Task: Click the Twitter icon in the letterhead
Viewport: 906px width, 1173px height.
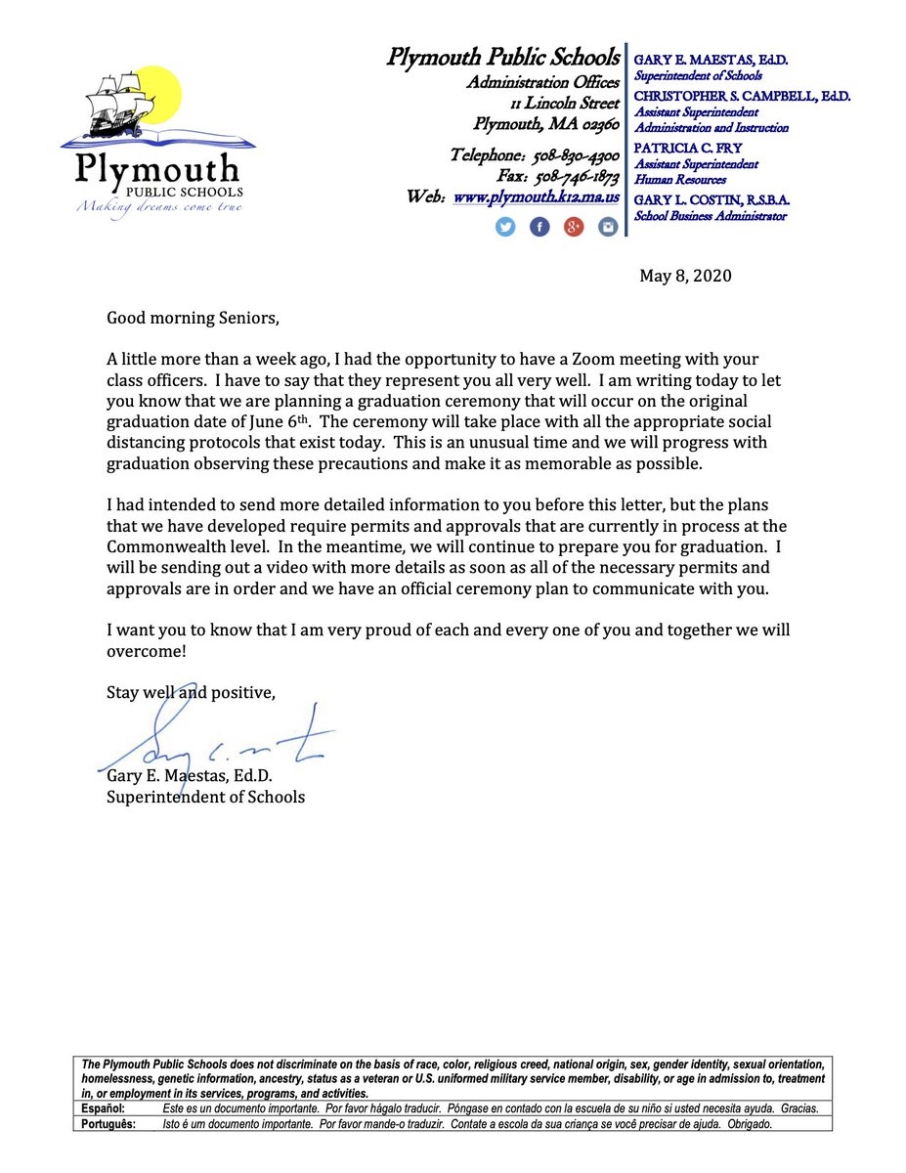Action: (505, 228)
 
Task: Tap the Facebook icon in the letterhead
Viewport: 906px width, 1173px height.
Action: (539, 228)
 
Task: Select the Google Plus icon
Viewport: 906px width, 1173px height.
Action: (574, 228)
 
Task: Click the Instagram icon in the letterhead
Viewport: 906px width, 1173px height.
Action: (608, 228)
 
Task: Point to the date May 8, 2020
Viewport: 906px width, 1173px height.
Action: (685, 276)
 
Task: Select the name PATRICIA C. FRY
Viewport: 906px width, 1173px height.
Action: (688, 149)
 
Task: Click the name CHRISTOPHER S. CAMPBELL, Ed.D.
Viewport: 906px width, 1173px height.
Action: (742, 97)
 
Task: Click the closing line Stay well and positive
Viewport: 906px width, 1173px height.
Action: (191, 692)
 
